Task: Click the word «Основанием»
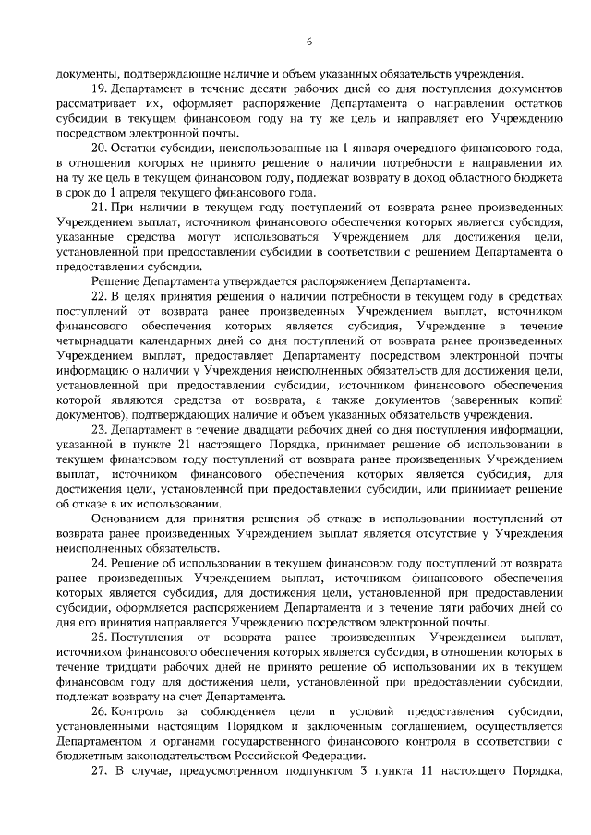click(127, 518)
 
